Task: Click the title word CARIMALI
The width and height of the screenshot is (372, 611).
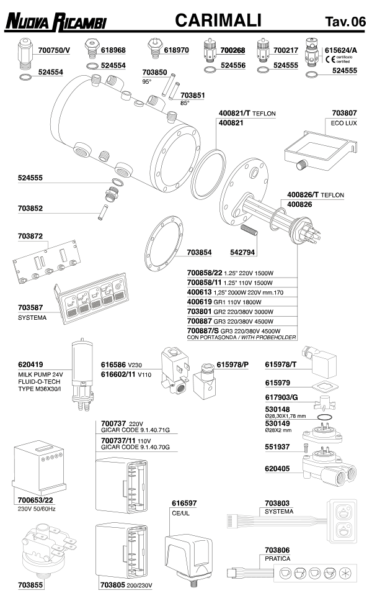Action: pos(218,20)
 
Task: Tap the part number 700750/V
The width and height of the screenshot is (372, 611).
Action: pos(54,50)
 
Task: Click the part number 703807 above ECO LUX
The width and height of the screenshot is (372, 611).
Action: pos(344,113)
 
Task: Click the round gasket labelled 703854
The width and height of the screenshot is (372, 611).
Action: pos(164,244)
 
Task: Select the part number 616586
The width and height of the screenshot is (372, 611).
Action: pos(113,364)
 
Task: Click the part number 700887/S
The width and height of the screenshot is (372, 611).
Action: pos(203,331)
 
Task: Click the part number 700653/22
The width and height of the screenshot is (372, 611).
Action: pos(35,500)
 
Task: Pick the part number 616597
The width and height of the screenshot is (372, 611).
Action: pos(184,504)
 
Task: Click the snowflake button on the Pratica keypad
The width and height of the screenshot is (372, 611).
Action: pos(345,573)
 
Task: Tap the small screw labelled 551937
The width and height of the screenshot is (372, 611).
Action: pos(305,448)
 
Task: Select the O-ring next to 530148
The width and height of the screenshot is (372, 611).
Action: pos(324,417)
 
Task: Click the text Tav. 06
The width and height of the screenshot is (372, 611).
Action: pos(345,22)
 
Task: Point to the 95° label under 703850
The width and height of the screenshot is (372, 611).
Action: pos(147,82)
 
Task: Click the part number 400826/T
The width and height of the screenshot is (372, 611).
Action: pos(303,195)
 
